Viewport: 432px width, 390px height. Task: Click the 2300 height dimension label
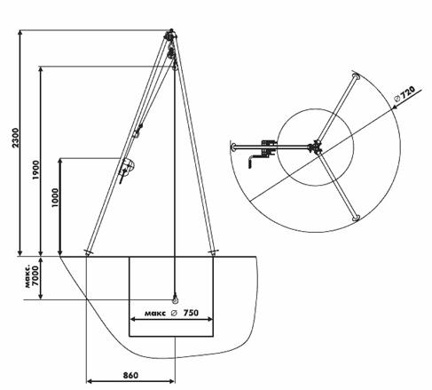click(15, 138)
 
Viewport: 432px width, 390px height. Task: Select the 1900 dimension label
click(35, 170)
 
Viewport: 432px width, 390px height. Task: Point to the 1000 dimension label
click(55, 198)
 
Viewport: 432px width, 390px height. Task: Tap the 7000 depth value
click(35, 275)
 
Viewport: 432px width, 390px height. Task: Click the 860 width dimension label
click(130, 376)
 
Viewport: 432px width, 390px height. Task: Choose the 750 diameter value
click(191, 313)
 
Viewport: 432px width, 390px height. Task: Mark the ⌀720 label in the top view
click(405, 93)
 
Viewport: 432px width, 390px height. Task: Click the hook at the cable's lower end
click(175, 298)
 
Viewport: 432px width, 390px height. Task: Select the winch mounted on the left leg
click(126, 170)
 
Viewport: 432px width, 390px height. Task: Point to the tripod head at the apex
click(170, 36)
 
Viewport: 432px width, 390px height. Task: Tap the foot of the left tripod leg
click(88, 252)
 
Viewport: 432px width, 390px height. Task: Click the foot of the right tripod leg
click(212, 252)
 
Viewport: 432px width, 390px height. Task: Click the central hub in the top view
click(316, 147)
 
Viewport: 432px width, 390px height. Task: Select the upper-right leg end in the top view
click(356, 76)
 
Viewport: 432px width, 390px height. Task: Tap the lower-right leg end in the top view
click(356, 219)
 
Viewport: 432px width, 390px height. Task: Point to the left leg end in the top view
click(233, 147)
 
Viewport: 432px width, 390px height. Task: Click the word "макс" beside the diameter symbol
click(155, 313)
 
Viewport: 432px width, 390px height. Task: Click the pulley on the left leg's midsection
click(138, 131)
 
